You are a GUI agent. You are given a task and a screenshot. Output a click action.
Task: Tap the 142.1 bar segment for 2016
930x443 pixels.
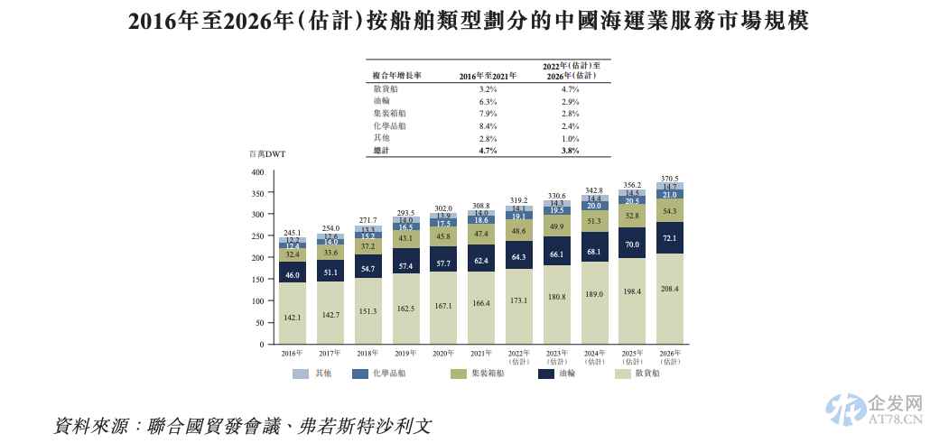292,317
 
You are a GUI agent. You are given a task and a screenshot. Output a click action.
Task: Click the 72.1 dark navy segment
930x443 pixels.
669,237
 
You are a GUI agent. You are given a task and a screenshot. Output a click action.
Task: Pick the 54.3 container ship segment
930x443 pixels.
669,210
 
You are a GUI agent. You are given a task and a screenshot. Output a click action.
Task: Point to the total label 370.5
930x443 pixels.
669,178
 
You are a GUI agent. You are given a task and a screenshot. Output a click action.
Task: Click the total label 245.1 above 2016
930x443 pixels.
292,232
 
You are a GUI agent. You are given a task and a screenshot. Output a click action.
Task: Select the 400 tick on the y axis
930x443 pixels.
257,171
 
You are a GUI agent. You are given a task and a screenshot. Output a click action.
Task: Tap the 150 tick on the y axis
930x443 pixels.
257,280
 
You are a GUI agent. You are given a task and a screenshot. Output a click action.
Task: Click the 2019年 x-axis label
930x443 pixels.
405,354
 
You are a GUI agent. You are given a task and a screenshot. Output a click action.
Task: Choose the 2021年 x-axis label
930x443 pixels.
480,354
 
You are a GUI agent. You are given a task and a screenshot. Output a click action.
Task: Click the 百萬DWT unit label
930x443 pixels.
266,154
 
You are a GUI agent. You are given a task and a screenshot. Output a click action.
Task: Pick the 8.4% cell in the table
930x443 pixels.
488,126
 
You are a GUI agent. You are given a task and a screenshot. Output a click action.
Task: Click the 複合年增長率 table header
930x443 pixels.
397,76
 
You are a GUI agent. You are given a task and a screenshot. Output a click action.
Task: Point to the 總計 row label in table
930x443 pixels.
382,151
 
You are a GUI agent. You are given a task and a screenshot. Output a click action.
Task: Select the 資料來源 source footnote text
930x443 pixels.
244,424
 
